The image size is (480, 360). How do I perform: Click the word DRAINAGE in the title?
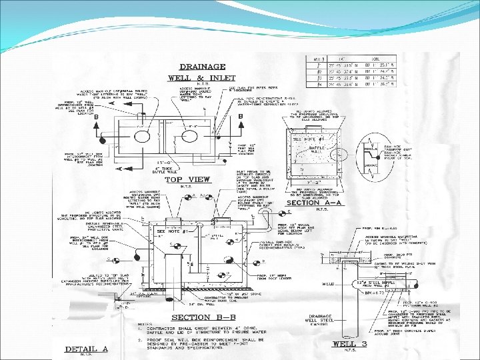(x=204, y=67)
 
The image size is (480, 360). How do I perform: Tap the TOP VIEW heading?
(x=187, y=179)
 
